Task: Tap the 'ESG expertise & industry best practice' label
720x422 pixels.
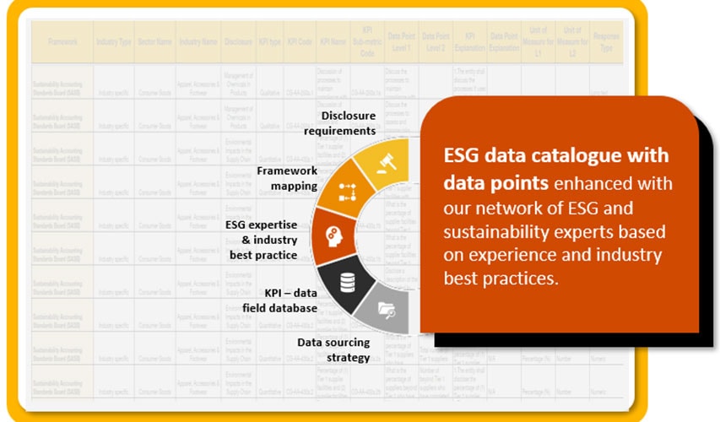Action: tap(261, 240)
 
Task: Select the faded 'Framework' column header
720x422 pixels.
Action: tap(62, 41)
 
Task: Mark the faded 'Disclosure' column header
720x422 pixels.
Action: tap(238, 41)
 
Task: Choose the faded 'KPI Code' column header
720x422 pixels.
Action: tap(299, 41)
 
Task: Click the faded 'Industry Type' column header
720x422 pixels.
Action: tap(113, 41)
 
